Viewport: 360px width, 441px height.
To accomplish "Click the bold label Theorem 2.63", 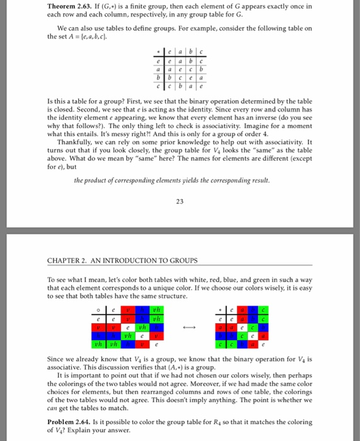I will (x=69, y=7).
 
